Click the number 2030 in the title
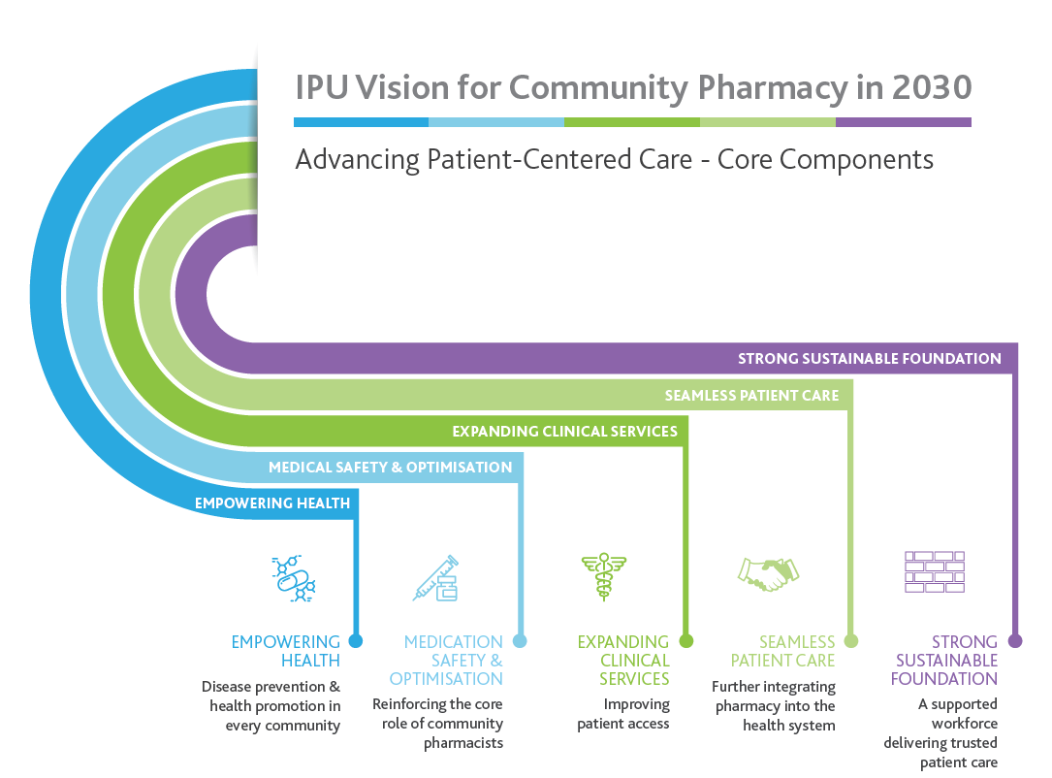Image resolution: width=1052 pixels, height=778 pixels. (x=931, y=87)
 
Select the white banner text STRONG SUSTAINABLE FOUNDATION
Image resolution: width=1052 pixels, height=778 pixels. (x=870, y=359)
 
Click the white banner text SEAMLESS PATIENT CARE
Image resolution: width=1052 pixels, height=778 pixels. (x=751, y=396)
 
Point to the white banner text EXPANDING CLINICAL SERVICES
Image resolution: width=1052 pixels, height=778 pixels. (x=564, y=431)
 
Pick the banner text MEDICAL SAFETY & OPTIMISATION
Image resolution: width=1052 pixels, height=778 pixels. (x=391, y=468)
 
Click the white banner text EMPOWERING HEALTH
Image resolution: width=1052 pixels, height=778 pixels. (x=272, y=502)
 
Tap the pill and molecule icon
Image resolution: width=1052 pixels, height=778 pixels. (x=293, y=578)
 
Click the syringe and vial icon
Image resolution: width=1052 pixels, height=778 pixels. (x=436, y=578)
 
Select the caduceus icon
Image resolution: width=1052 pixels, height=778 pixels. (x=604, y=576)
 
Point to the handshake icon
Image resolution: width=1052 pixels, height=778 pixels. (x=768, y=574)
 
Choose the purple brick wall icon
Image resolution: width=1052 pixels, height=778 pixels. (x=935, y=572)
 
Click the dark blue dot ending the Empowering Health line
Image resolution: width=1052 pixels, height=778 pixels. (x=356, y=641)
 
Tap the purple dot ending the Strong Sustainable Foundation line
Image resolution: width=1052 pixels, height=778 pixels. (x=1015, y=641)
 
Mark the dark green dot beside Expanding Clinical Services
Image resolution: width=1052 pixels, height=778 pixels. (x=685, y=641)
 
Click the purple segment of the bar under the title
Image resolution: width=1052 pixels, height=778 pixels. (x=904, y=122)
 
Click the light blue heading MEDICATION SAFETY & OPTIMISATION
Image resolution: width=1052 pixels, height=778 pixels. (x=446, y=661)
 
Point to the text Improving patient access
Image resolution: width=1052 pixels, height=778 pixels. (x=623, y=714)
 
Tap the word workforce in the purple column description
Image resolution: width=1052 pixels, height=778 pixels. (x=964, y=723)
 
